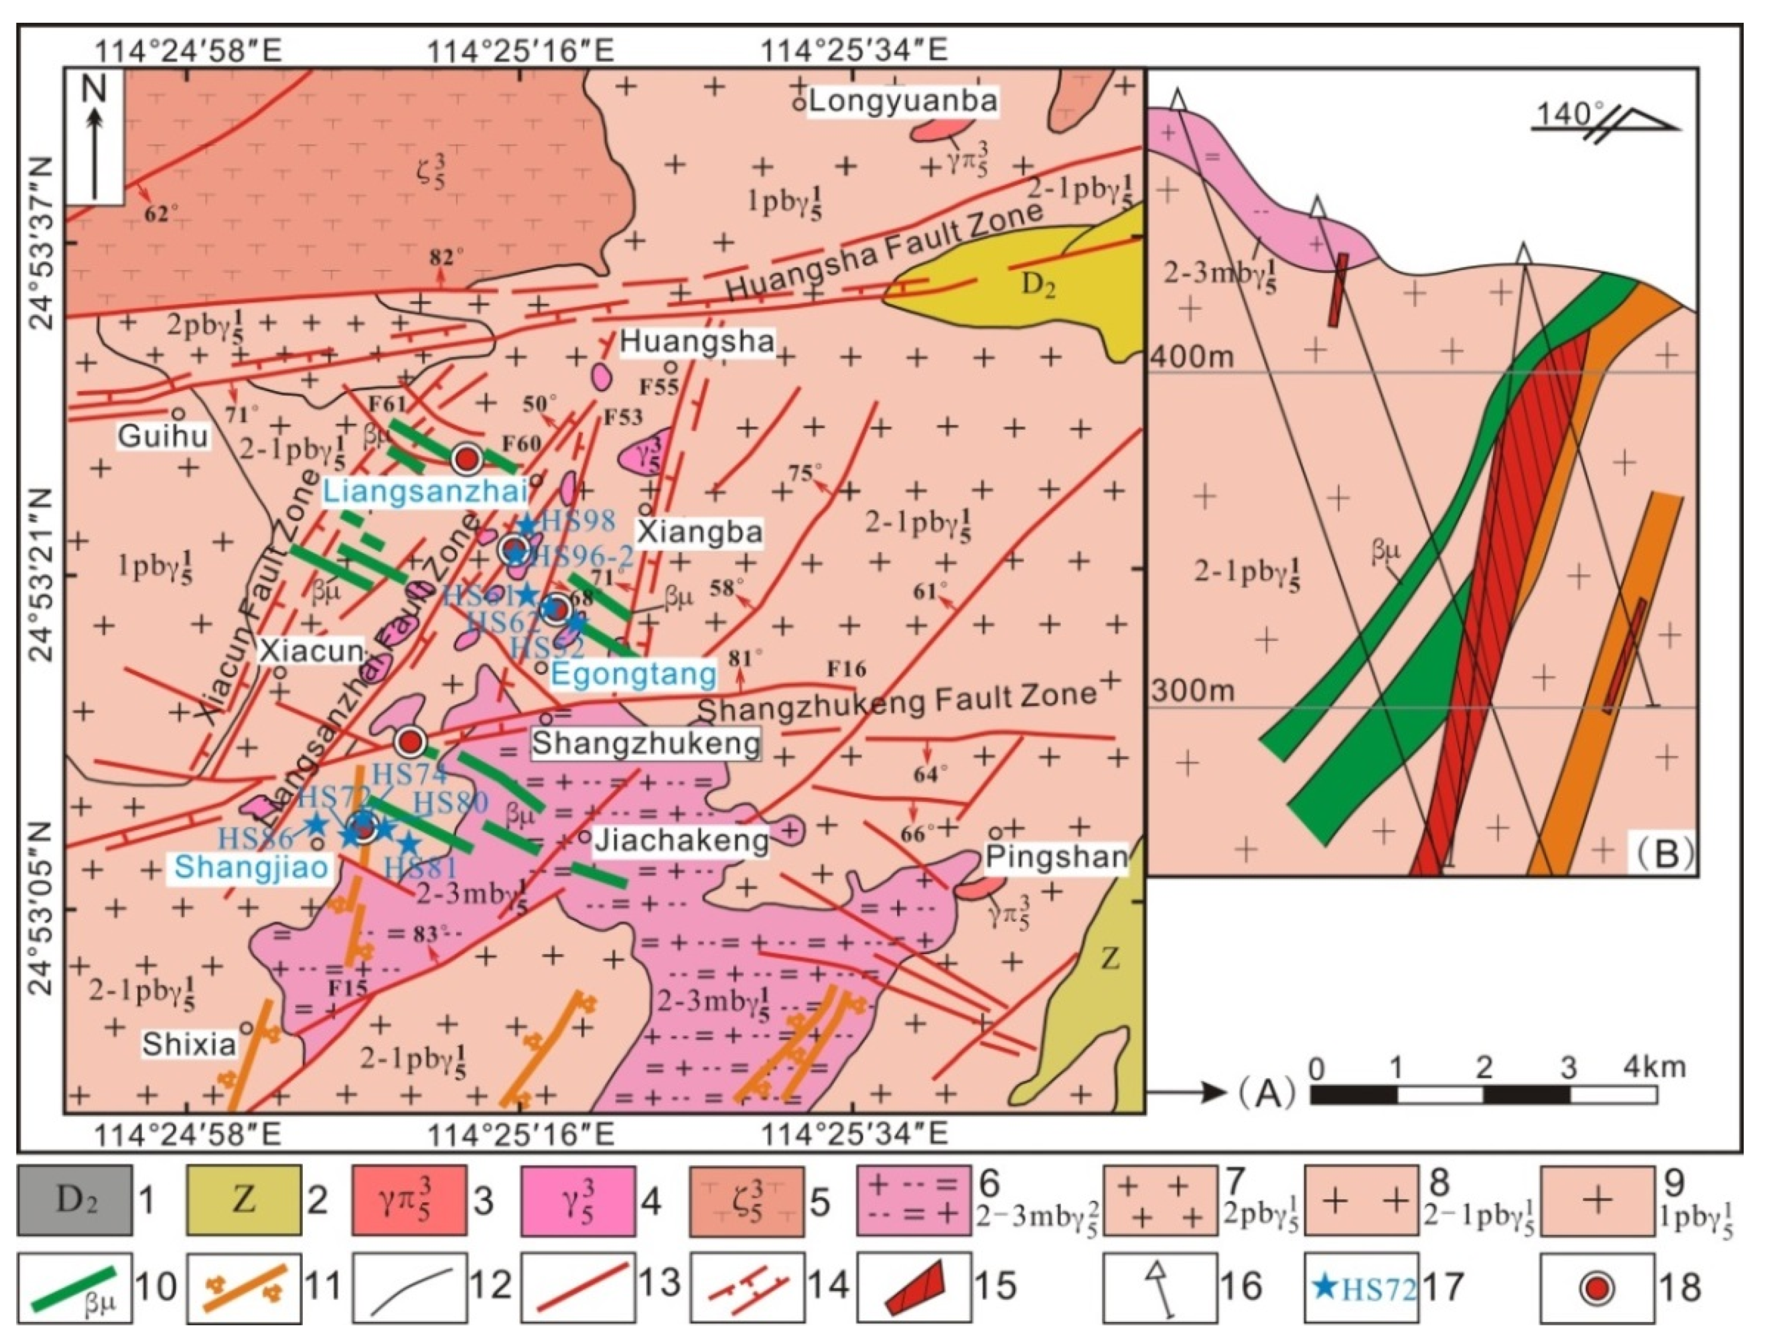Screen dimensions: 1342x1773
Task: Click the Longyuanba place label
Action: click(x=903, y=101)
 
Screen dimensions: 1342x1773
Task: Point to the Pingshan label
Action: click(x=1056, y=857)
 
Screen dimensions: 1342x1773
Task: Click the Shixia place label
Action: click(x=189, y=1044)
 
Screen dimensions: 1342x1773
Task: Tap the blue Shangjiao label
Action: click(x=251, y=866)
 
